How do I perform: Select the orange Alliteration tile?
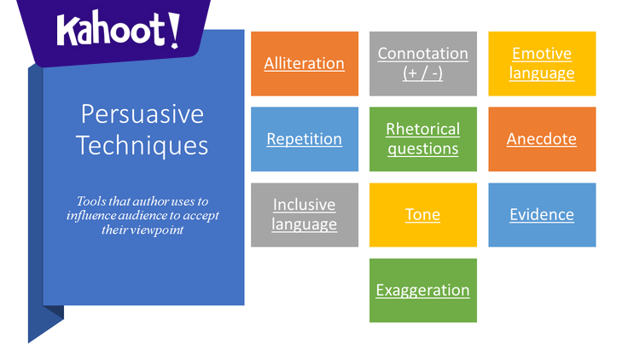point(304,64)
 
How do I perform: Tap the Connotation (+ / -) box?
point(422,64)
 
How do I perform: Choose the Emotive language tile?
point(542,64)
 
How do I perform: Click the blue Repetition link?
point(304,139)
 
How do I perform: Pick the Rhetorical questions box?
point(422,139)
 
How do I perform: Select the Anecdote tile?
point(542,139)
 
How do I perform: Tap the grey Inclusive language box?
point(304,215)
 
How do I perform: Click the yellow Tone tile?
point(422,215)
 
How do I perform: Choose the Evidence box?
point(542,215)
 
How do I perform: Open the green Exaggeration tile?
point(422,290)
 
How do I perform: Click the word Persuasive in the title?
point(142,114)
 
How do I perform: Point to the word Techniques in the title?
point(142,145)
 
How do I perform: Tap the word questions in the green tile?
point(422,148)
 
